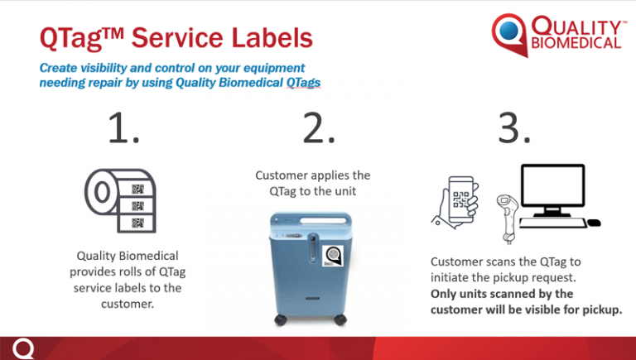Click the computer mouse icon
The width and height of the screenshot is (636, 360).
(x=594, y=223)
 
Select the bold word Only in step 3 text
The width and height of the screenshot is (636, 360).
(x=447, y=294)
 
